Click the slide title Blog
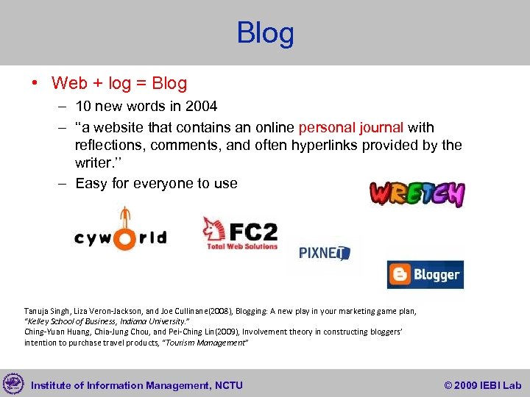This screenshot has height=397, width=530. tap(265, 33)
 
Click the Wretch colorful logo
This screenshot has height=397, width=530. tap(417, 194)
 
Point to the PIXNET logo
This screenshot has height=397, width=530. tap(324, 253)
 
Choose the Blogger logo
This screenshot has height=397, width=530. tap(425, 275)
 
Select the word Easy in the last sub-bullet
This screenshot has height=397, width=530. tap(91, 183)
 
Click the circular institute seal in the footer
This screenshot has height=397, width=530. tap(13, 383)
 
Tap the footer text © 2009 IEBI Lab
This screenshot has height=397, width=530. tap(482, 385)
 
